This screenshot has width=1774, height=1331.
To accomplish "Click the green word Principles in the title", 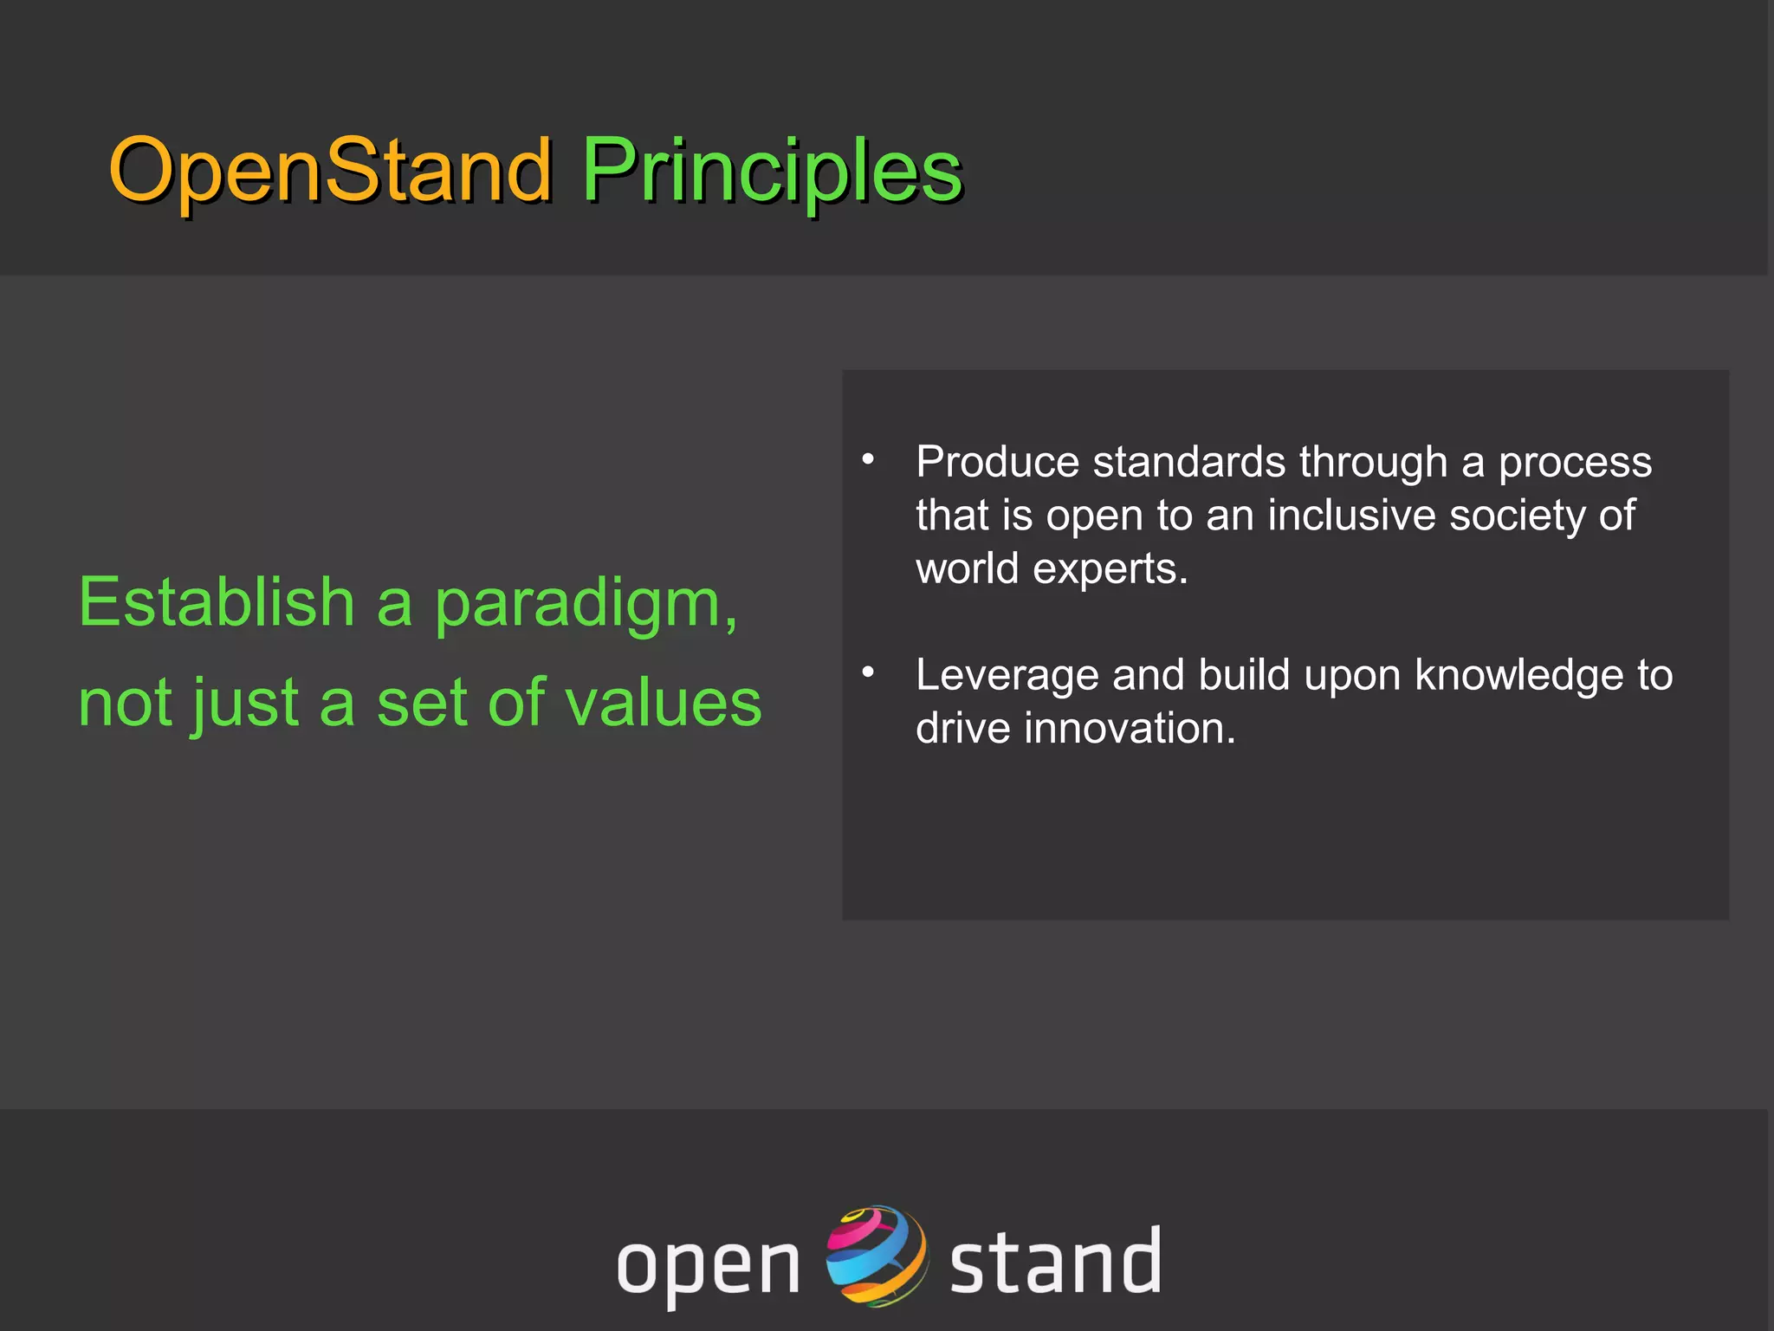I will click(771, 170).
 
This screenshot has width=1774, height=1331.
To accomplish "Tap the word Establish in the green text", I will click(217, 602).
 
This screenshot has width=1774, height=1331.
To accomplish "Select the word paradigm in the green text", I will click(585, 607).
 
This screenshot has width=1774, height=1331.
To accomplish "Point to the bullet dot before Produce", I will click(868, 459).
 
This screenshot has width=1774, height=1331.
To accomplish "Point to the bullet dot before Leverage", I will click(868, 672).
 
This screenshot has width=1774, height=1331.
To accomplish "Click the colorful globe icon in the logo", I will click(876, 1255).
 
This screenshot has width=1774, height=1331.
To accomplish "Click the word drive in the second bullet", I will click(962, 728).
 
